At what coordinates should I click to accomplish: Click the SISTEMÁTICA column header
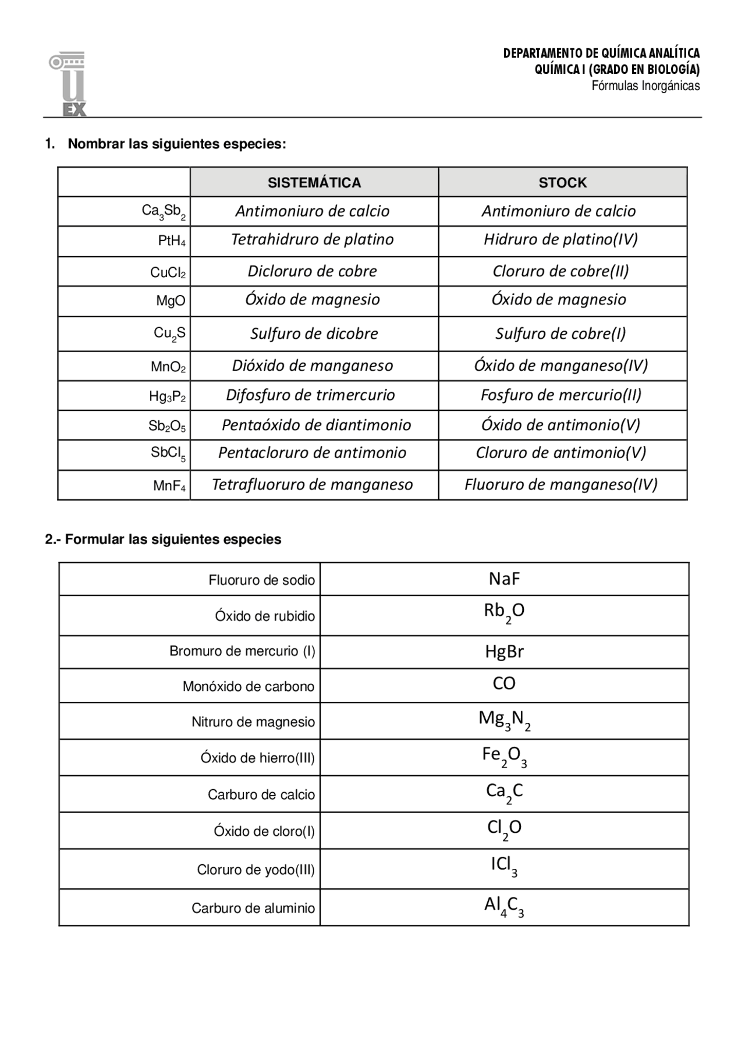pos(314,183)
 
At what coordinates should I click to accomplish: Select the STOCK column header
pos(562,183)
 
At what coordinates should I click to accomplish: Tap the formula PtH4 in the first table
pos(172,241)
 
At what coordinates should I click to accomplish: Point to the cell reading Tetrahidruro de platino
pos(313,240)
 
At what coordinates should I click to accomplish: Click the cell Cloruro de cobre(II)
pos(560,271)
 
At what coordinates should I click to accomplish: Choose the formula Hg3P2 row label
pos(168,397)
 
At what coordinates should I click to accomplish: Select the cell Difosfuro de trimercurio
pos(311,395)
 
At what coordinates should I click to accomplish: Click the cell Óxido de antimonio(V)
pos(560,425)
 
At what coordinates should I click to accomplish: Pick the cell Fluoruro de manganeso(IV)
pos(560,485)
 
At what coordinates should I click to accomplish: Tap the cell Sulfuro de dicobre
pos(314,333)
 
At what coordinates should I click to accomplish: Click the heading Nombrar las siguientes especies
pos(177,144)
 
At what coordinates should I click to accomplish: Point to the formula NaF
pos(504,579)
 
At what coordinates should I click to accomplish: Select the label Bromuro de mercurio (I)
pos(242,651)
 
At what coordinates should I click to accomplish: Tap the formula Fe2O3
pos(504,757)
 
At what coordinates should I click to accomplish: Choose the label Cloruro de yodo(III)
pos(256,870)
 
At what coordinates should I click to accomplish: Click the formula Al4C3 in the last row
pos(504,907)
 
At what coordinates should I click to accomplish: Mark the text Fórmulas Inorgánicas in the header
pos(645,86)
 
